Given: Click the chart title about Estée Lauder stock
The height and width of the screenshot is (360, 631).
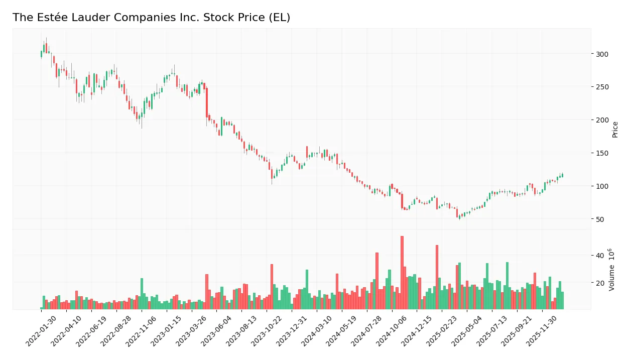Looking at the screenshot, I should (151, 18).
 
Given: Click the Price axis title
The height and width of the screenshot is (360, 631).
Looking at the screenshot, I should (615, 130).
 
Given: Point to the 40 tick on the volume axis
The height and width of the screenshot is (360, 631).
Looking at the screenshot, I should (599, 256).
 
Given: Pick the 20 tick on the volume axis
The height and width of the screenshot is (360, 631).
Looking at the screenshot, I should (599, 283).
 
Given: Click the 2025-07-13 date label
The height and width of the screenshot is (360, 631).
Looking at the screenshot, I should (490, 331).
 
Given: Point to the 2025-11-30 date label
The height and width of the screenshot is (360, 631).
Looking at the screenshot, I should (541, 331).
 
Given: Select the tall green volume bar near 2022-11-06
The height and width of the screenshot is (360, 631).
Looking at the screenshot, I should (142, 294).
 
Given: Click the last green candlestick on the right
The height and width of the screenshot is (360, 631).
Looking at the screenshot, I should (562, 175).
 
